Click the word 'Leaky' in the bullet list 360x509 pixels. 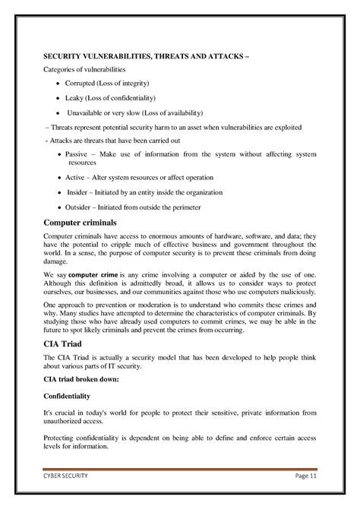coord(75,99)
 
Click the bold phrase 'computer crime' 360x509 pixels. coord(95,273)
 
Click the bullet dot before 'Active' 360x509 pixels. coord(59,177)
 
